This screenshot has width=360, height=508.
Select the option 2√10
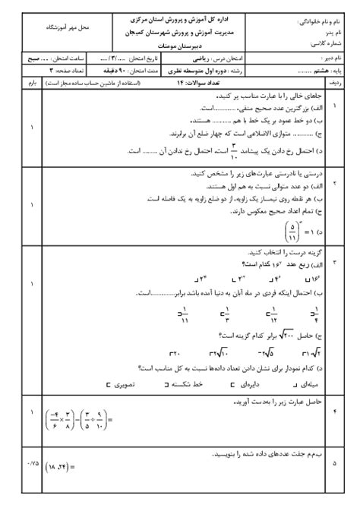pos(221,353)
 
